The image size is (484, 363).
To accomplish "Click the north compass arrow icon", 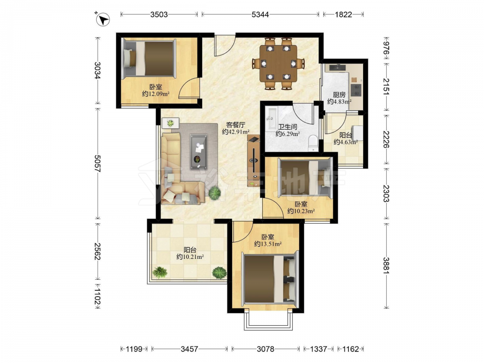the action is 103,20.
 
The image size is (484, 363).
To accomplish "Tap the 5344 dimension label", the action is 260,15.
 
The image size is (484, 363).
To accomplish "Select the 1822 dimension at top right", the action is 343,15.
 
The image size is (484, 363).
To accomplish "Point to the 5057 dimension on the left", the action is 98,163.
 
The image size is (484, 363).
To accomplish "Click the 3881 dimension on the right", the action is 386,265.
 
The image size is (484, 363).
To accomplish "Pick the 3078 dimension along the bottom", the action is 265,349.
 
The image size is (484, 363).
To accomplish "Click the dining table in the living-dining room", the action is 278,63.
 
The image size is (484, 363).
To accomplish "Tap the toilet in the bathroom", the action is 313,143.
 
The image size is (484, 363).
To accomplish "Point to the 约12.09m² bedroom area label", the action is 156,93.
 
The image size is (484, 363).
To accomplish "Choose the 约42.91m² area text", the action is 236,132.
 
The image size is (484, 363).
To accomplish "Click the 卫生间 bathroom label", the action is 287,126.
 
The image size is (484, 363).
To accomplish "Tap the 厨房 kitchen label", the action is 339,94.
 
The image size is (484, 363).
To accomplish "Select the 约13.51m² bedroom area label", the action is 268,244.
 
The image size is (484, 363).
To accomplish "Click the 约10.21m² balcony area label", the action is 190,257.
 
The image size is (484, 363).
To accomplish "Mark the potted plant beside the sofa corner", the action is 214,193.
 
